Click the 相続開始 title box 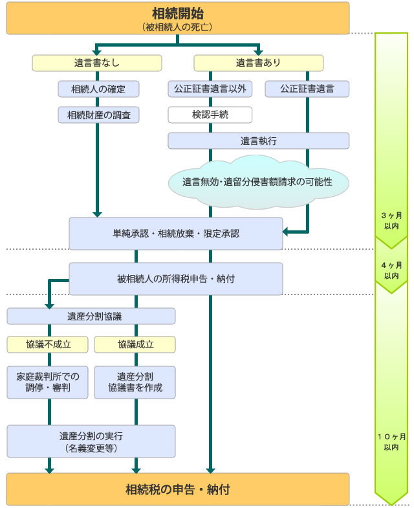pyautogui.click(x=177, y=17)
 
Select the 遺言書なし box pyautogui.click(x=97, y=63)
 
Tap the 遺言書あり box pyautogui.click(x=258, y=63)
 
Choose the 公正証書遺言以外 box pyautogui.click(x=210, y=89)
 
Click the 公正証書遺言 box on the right pyautogui.click(x=307, y=89)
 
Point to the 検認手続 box pyautogui.click(x=210, y=115)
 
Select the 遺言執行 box pyautogui.click(x=258, y=140)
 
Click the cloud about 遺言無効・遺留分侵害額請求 pyautogui.click(x=258, y=181)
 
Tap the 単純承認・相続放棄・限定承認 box pyautogui.click(x=176, y=233)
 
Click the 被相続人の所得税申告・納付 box pyautogui.click(x=176, y=278)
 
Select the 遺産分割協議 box pyautogui.click(x=91, y=316)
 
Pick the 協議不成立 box pyautogui.click(x=49, y=344)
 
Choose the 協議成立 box pyautogui.click(x=135, y=344)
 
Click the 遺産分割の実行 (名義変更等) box pyautogui.click(x=91, y=441)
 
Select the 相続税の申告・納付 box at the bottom pyautogui.click(x=177, y=489)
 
